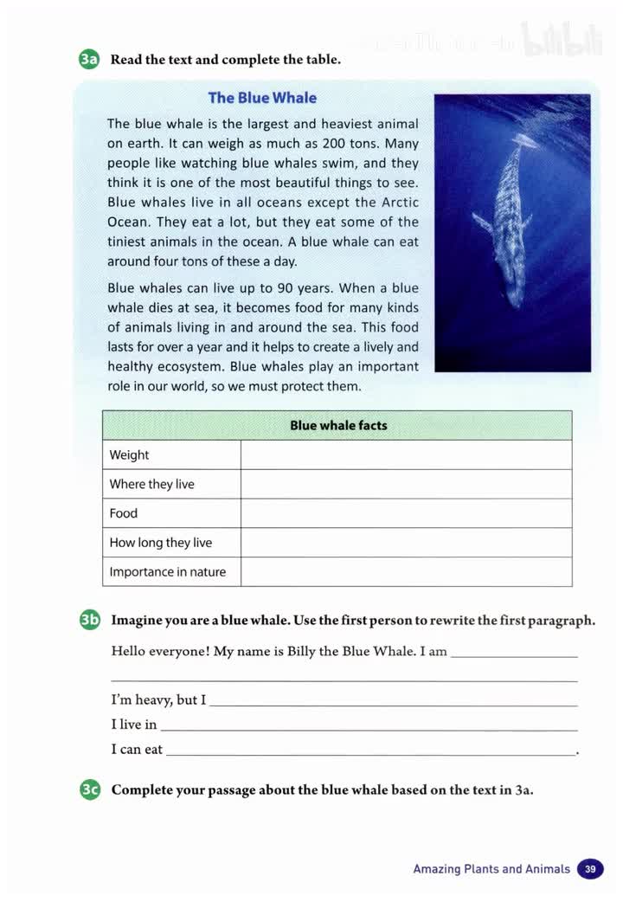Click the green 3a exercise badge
[x=89, y=60]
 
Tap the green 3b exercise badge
[x=89, y=620]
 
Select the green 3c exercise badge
[x=89, y=789]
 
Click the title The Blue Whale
[x=262, y=98]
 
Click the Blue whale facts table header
[x=337, y=425]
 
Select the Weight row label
[x=129, y=455]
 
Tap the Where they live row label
[x=151, y=484]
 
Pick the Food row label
[x=124, y=513]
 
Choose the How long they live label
[x=160, y=543]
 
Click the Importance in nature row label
[x=167, y=572]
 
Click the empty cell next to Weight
[x=406, y=455]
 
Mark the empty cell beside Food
[x=406, y=513]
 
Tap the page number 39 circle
[x=590, y=868]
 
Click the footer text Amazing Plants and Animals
[x=491, y=868]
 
